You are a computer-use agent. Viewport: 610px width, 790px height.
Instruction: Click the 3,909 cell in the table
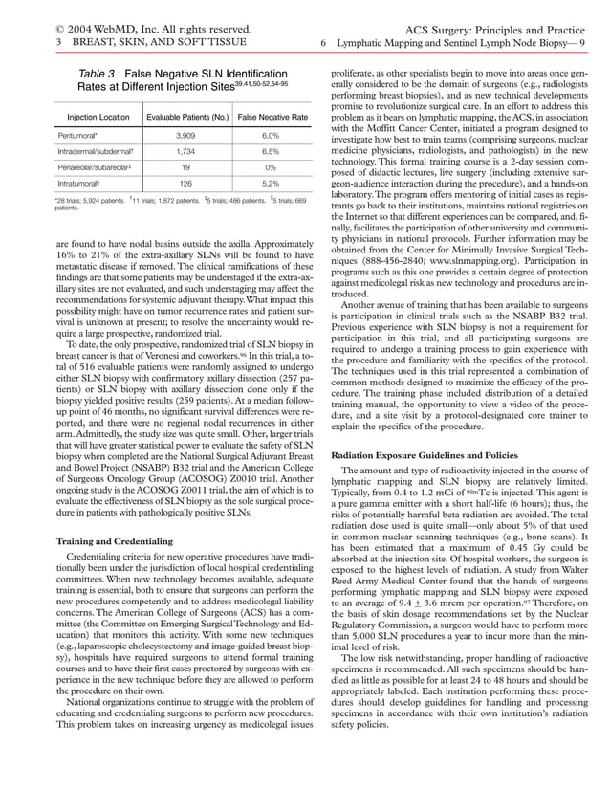(x=187, y=136)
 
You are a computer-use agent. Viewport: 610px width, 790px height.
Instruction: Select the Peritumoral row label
(x=78, y=136)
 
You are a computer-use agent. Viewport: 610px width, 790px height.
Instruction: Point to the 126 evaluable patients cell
(x=187, y=182)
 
